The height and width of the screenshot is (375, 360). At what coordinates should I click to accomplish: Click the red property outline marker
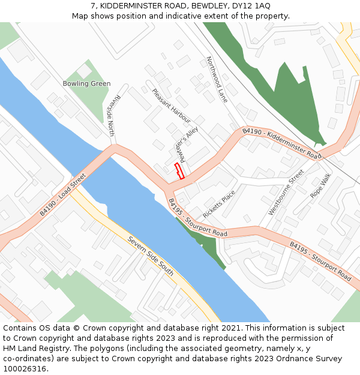point(179,171)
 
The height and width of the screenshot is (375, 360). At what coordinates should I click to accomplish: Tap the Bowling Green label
point(86,84)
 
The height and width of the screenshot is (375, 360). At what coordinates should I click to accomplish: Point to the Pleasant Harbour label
point(171,106)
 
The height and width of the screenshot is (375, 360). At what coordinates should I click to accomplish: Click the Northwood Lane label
point(217,79)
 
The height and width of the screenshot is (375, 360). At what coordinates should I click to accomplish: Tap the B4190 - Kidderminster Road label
point(281,143)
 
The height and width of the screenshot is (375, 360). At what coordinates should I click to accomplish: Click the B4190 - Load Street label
point(63,194)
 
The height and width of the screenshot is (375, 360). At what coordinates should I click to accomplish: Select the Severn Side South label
point(151,256)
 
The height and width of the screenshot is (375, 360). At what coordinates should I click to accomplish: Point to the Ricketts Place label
point(219,205)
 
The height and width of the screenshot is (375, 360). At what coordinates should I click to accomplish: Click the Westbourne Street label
point(286,192)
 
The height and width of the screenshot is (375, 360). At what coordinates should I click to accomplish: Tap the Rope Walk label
point(320,186)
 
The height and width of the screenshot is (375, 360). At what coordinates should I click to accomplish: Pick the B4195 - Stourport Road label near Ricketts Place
point(197,218)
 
